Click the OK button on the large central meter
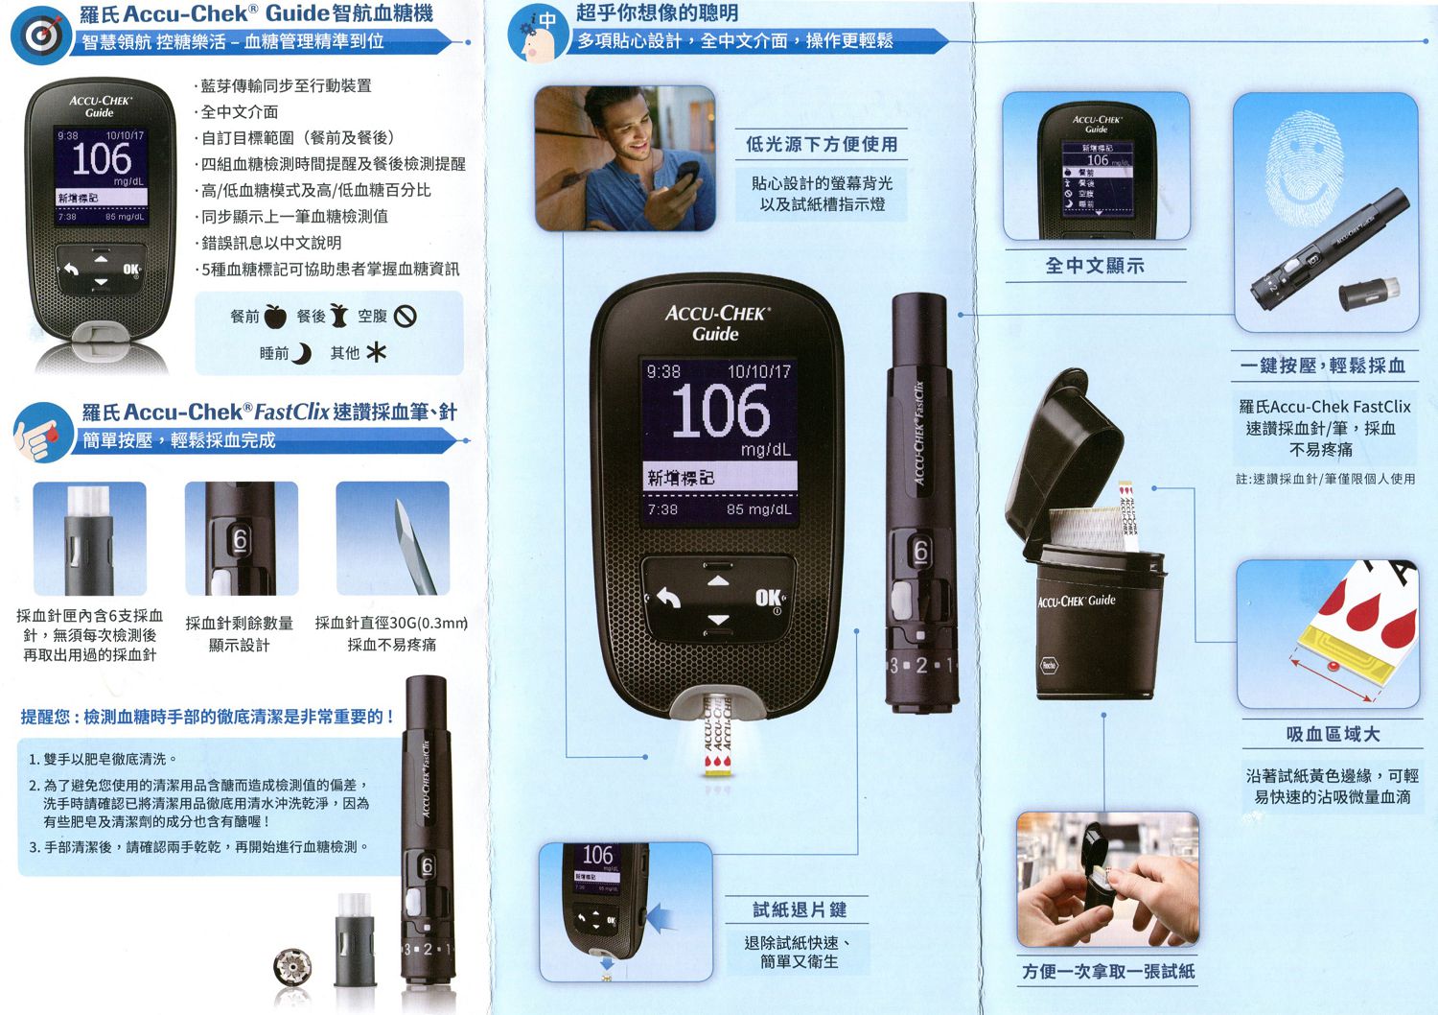pyautogui.click(x=769, y=599)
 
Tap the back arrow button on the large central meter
pyautogui.click(x=668, y=599)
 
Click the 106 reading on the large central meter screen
pyautogui.click(x=720, y=412)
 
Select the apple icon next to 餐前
pyautogui.click(x=275, y=316)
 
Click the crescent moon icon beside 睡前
pyautogui.click(x=301, y=354)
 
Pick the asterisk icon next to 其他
pyautogui.click(x=376, y=353)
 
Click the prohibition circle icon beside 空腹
pyautogui.click(x=405, y=316)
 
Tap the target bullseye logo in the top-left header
pyautogui.click(x=40, y=35)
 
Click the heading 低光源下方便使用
pyautogui.click(x=822, y=145)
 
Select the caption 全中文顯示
pyautogui.click(x=1095, y=266)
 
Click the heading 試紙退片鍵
pyautogui.click(x=799, y=909)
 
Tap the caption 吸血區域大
pyautogui.click(x=1333, y=734)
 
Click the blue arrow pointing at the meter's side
pyautogui.click(x=661, y=917)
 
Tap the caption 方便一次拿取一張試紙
pyautogui.click(x=1108, y=972)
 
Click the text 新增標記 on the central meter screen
pyautogui.click(x=681, y=477)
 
